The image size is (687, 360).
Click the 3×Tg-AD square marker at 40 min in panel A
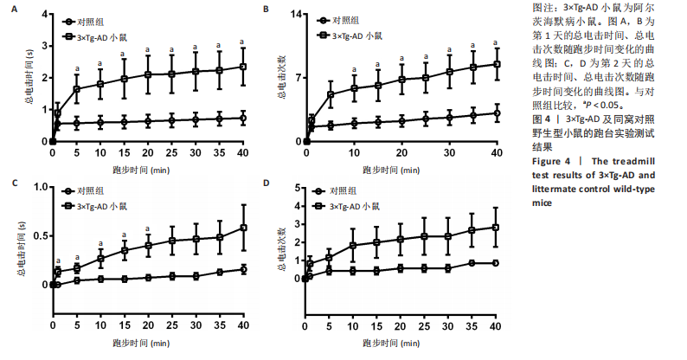point(243,67)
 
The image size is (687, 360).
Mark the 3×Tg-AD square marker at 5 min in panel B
point(331,94)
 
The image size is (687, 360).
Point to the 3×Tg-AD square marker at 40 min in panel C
point(243,228)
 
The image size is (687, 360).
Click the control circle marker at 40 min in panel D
point(495,263)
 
